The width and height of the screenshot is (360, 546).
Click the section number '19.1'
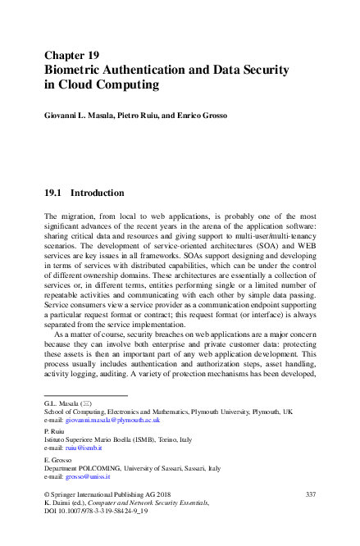(53, 193)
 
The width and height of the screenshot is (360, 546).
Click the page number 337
(310, 494)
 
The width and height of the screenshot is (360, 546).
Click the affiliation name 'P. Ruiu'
(54, 431)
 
